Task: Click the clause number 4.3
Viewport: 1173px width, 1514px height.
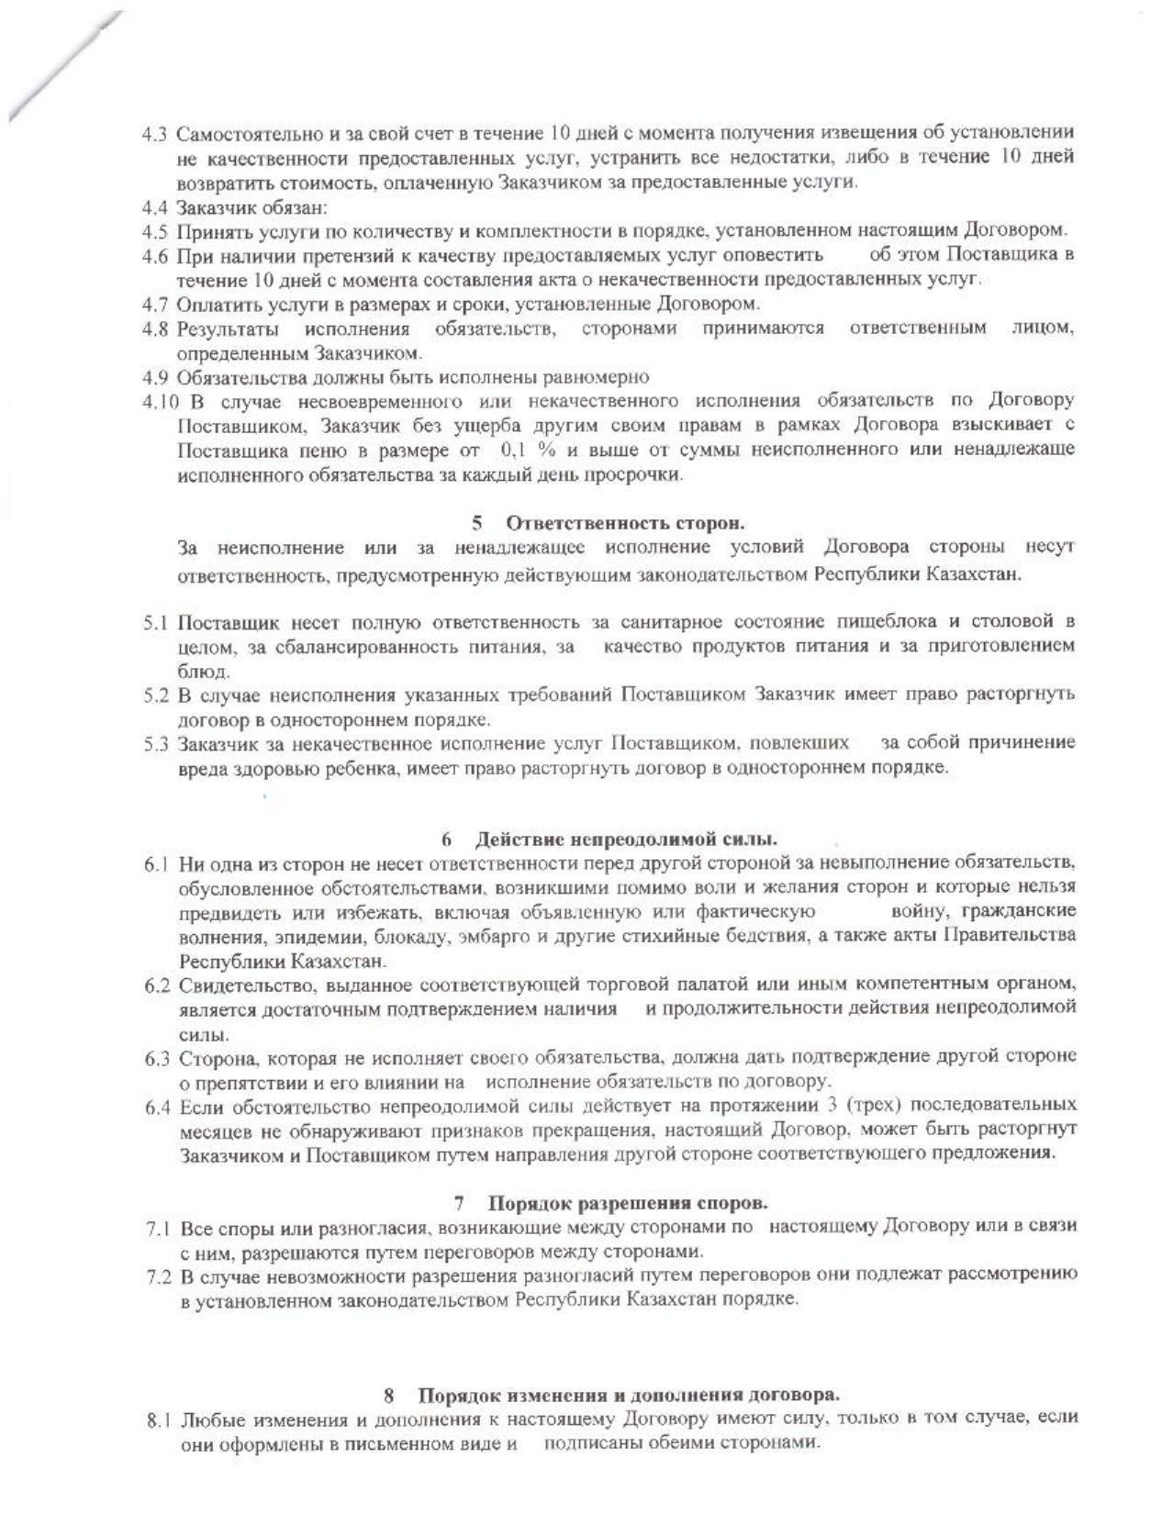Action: [153, 134]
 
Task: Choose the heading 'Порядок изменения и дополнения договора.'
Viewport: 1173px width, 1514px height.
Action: [629, 1396]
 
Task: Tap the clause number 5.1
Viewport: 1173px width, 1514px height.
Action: [154, 622]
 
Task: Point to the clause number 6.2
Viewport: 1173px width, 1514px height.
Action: [157, 985]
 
